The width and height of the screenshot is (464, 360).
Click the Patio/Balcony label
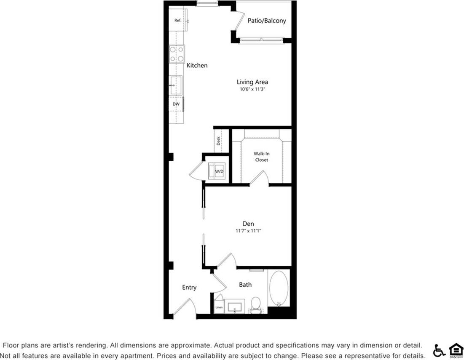(267, 20)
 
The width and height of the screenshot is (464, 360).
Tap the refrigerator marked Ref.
(178, 20)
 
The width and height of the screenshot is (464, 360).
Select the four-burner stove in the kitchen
(177, 53)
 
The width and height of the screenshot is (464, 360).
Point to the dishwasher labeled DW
(176, 104)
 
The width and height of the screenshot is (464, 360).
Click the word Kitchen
(197, 65)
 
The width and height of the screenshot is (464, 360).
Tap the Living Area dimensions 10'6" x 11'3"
(252, 89)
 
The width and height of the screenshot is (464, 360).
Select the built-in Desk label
(218, 141)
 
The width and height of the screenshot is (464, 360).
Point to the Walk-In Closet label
(261, 157)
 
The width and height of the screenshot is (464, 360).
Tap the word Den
(248, 224)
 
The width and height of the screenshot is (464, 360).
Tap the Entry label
(189, 287)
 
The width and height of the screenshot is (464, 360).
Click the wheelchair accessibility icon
(439, 350)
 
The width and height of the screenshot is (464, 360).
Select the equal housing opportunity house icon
(456, 350)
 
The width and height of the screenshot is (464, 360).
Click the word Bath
(245, 285)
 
